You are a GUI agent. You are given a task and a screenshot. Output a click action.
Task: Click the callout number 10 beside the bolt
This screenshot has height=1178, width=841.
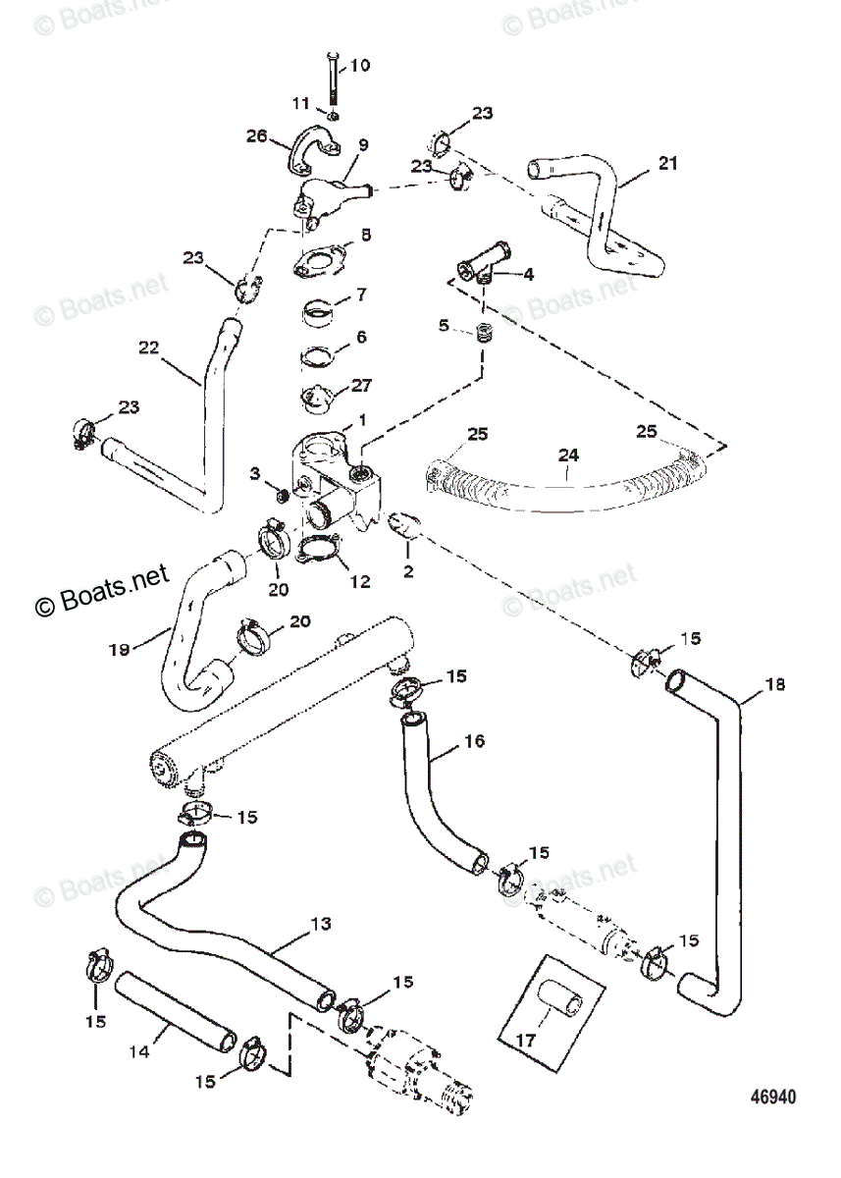[x=360, y=66]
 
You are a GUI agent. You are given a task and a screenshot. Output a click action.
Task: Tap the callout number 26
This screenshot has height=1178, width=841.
[x=257, y=136]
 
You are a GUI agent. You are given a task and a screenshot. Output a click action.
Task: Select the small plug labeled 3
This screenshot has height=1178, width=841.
[x=280, y=494]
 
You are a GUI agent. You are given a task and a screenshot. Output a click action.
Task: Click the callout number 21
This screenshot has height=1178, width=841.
[x=668, y=164]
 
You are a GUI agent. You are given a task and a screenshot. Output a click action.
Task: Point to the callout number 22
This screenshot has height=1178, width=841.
[x=148, y=347]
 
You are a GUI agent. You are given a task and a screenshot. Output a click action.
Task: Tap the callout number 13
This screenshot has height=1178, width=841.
[x=320, y=924]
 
